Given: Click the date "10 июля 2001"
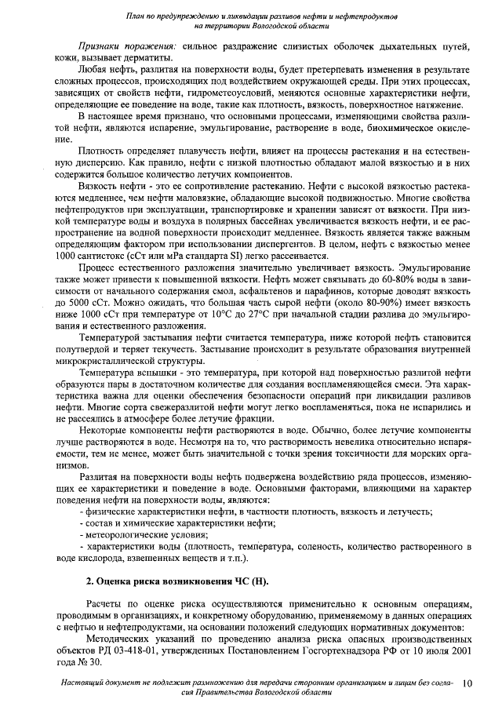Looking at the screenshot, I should [443, 650].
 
